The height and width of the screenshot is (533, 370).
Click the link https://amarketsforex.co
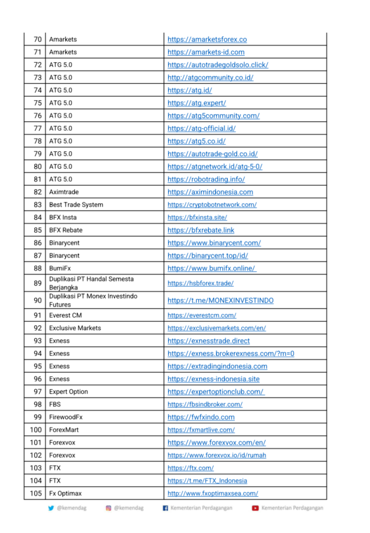207,39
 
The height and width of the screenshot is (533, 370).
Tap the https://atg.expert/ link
196,103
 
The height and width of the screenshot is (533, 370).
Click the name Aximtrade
63,192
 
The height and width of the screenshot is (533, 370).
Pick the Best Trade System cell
76,205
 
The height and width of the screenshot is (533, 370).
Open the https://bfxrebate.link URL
200,230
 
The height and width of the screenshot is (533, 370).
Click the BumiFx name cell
60,268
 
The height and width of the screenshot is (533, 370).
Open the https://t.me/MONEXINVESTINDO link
220,300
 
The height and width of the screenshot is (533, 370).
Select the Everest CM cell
65,315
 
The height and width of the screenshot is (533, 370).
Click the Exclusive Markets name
75,328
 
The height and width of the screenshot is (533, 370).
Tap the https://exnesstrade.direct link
208,341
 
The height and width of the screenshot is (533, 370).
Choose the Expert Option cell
68,392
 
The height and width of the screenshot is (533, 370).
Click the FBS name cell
55,405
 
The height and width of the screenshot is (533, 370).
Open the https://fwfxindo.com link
201,417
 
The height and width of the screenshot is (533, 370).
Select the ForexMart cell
63,430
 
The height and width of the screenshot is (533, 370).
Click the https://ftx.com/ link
190,468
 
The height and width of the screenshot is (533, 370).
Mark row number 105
36,493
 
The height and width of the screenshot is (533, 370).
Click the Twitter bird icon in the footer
51,508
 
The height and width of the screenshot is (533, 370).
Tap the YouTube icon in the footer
255,508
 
